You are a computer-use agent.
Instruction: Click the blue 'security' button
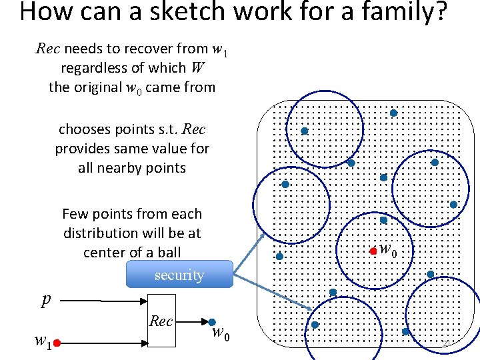point(179,275)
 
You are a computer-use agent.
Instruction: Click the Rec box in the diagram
point(161,321)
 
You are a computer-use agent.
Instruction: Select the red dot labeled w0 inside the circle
point(373,251)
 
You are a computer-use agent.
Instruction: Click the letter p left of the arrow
point(45,300)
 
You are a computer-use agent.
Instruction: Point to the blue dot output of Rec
point(212,323)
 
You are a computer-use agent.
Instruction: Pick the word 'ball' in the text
point(169,253)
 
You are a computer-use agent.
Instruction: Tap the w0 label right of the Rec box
point(221,334)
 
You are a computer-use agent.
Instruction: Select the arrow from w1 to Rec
point(104,343)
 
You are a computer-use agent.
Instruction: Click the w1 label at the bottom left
point(43,342)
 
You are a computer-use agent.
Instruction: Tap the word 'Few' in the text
point(75,214)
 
